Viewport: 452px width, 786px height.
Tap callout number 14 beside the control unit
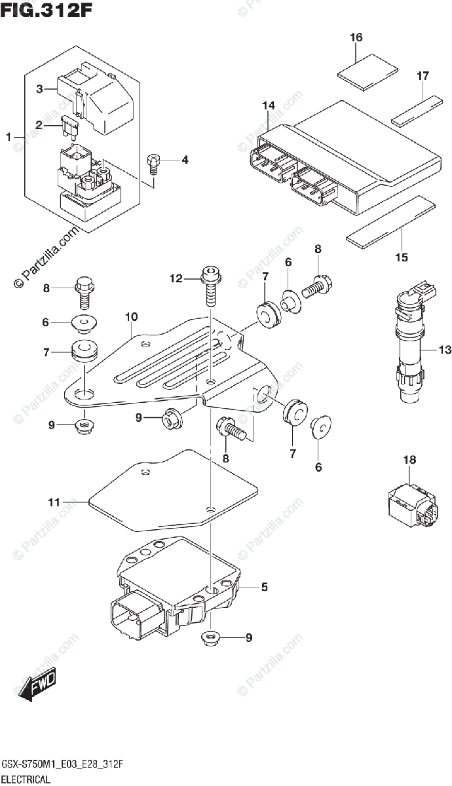pos(268,106)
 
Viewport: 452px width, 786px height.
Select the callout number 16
pos(356,38)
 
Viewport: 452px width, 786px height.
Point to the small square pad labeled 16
pos(369,71)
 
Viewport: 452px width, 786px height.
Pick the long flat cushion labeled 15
pos(390,221)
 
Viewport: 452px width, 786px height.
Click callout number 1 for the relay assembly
pos(9,137)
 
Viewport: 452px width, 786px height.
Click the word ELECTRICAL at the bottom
pos(26,779)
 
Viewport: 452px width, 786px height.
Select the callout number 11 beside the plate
pos(54,502)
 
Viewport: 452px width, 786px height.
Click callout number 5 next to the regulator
pos(264,588)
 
